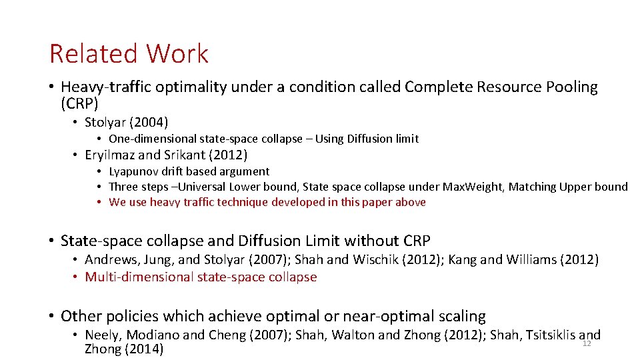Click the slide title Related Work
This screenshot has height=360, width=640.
129,54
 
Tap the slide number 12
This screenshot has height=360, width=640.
587,344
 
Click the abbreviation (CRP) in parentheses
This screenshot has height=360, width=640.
79,103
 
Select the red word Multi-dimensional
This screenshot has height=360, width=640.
140,277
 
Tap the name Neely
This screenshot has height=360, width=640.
103,335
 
